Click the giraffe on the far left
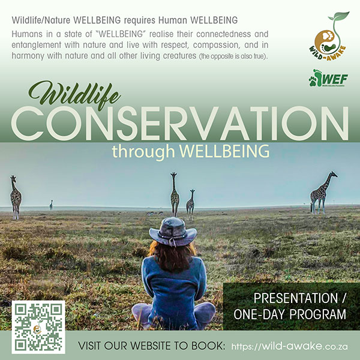coord(15,196)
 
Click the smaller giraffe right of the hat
coord(191,202)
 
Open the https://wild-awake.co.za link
coord(290,346)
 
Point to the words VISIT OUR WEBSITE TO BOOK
coord(152,346)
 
